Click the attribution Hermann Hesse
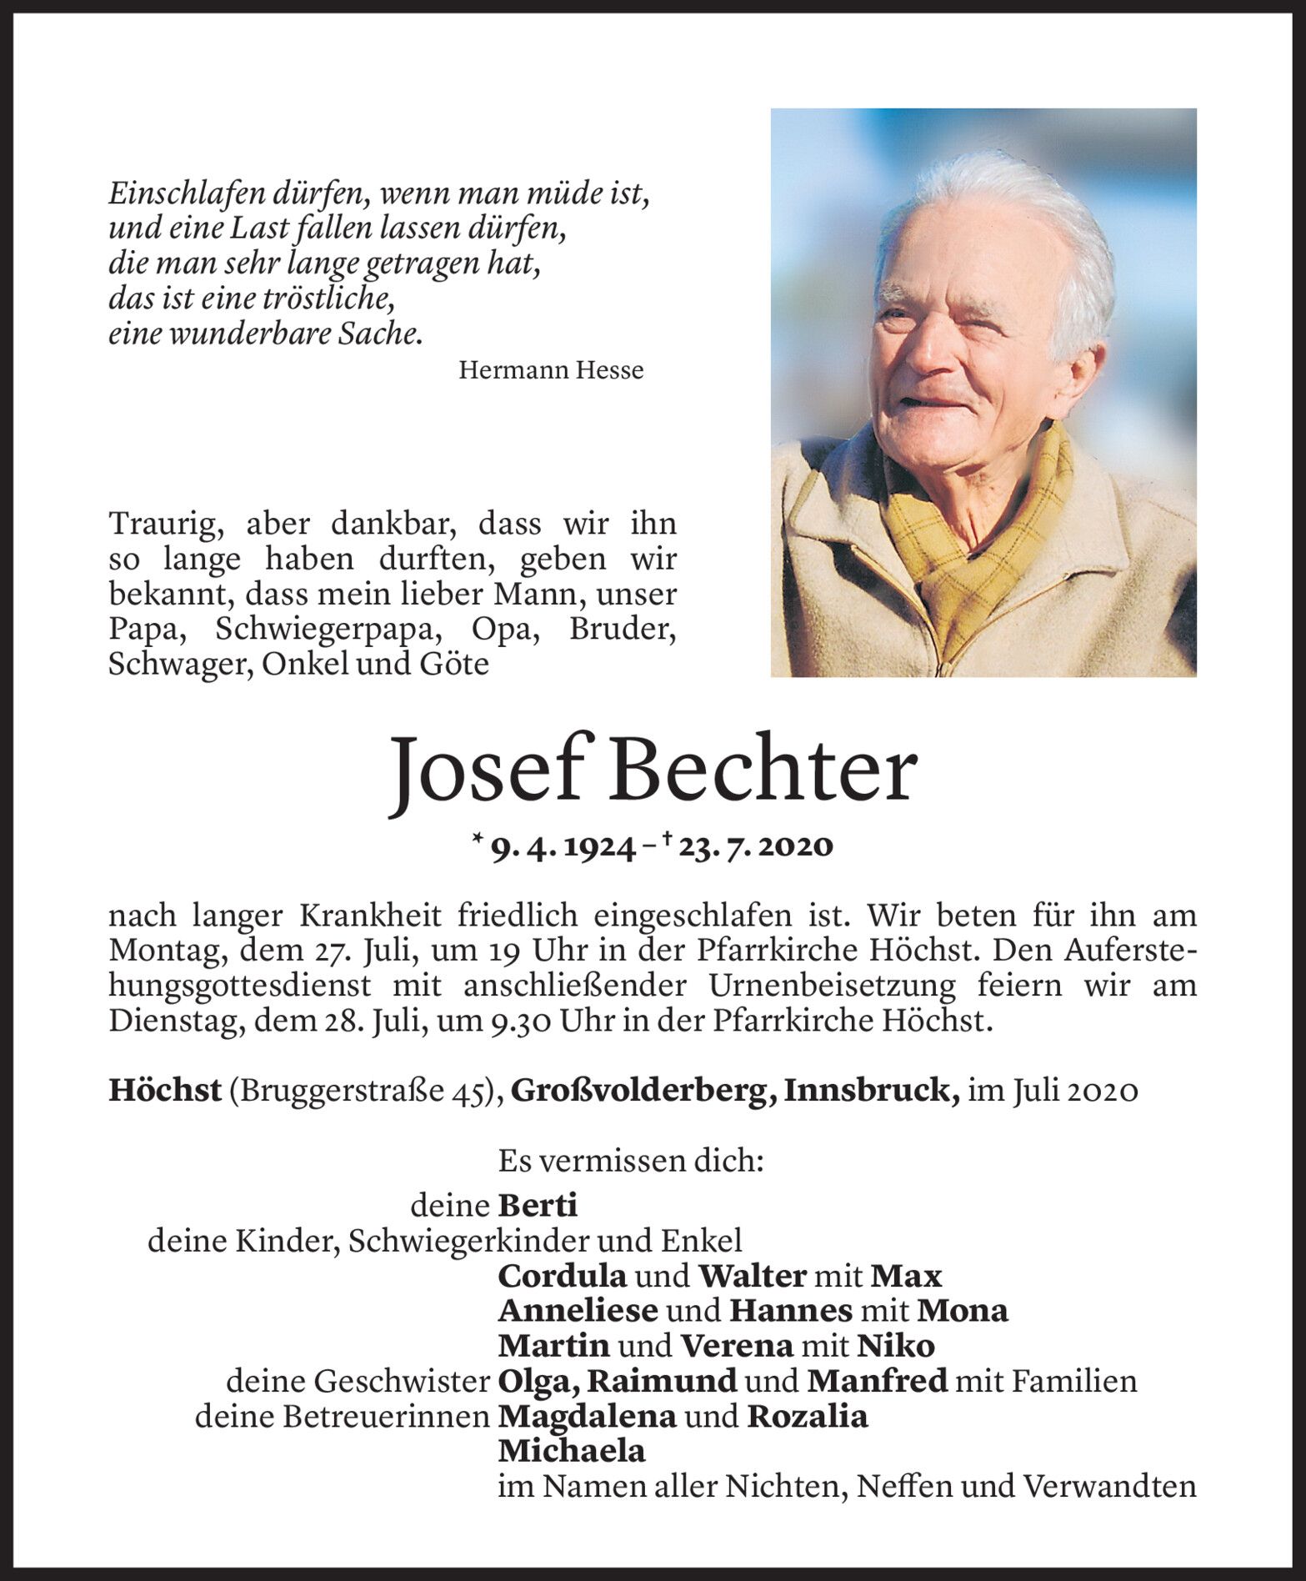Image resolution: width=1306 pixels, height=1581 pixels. click(x=551, y=370)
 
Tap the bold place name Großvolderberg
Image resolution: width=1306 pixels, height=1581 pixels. click(x=640, y=1091)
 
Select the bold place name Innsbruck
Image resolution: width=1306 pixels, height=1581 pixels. click(x=870, y=1091)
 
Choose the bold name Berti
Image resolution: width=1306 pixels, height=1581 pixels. click(x=538, y=1206)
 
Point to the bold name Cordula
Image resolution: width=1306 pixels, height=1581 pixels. click(x=563, y=1276)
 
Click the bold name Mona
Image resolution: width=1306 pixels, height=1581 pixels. click(x=963, y=1311)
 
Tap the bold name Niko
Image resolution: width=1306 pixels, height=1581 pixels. click(x=896, y=1346)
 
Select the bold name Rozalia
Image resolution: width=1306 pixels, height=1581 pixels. click(x=808, y=1416)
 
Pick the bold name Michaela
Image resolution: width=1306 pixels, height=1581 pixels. click(x=572, y=1451)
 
